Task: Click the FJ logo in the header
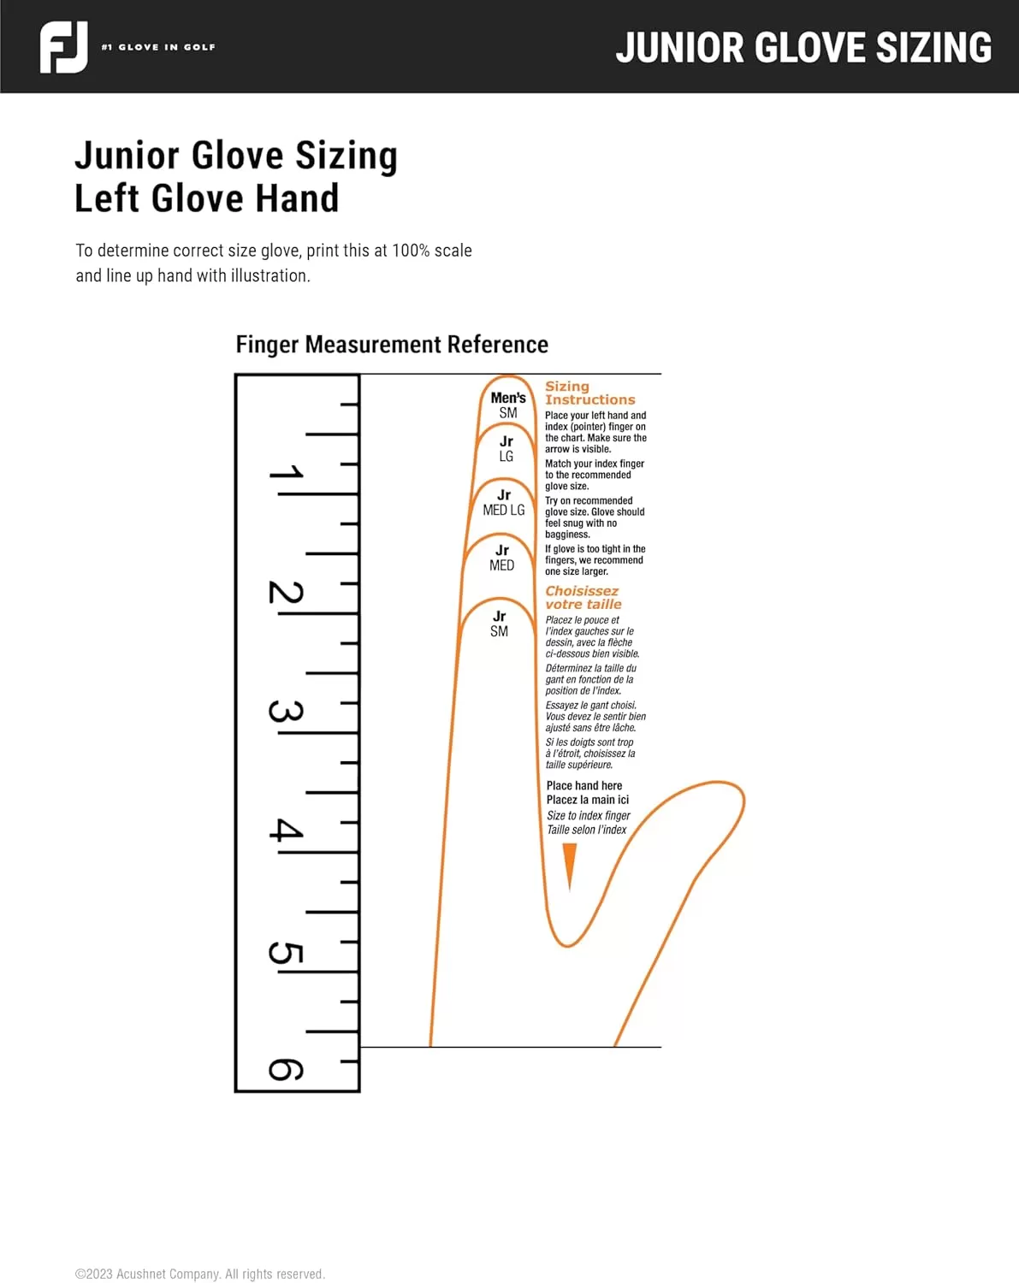tap(64, 47)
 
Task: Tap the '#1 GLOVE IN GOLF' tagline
tap(158, 47)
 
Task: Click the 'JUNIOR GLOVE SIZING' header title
tap(803, 47)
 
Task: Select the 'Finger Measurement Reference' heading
tap(392, 345)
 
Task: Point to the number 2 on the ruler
tap(286, 592)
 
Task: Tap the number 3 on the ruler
tap(286, 712)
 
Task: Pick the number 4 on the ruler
tap(286, 830)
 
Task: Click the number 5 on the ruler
tap(286, 953)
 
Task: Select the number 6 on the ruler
tap(286, 1070)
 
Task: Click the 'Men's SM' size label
tap(508, 405)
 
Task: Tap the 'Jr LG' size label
tap(506, 449)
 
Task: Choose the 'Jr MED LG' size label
tap(504, 503)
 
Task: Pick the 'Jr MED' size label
tap(501, 558)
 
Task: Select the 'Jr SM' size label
tap(500, 624)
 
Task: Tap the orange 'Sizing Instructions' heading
tap(589, 393)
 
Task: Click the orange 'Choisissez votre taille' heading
tap(583, 597)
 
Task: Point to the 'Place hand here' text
tap(584, 786)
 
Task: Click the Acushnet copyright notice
tap(200, 1274)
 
